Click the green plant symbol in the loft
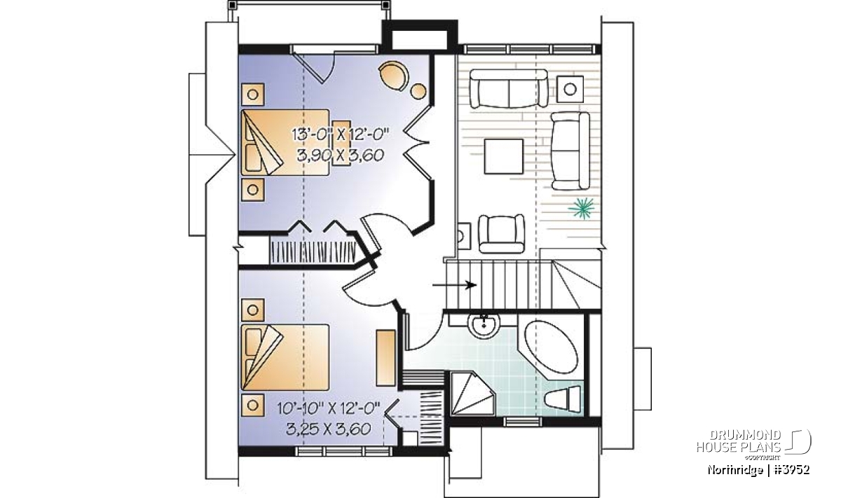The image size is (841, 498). point(581,207)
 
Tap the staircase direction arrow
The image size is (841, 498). point(454,285)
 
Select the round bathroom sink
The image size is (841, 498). point(484,326)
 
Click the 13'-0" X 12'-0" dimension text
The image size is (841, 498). point(340,134)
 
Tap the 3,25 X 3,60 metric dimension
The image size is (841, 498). point(329,429)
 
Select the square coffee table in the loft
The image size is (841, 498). point(503,156)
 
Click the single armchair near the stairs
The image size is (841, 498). point(501,233)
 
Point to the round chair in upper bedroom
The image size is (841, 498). point(393,75)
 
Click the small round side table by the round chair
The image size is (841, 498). point(418,91)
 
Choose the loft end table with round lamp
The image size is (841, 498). point(570,89)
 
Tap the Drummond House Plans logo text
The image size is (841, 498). point(739,441)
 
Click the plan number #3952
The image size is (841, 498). point(791,469)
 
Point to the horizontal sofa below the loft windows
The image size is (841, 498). point(509,88)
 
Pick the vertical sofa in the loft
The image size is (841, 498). point(570,151)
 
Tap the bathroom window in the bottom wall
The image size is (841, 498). point(519,422)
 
